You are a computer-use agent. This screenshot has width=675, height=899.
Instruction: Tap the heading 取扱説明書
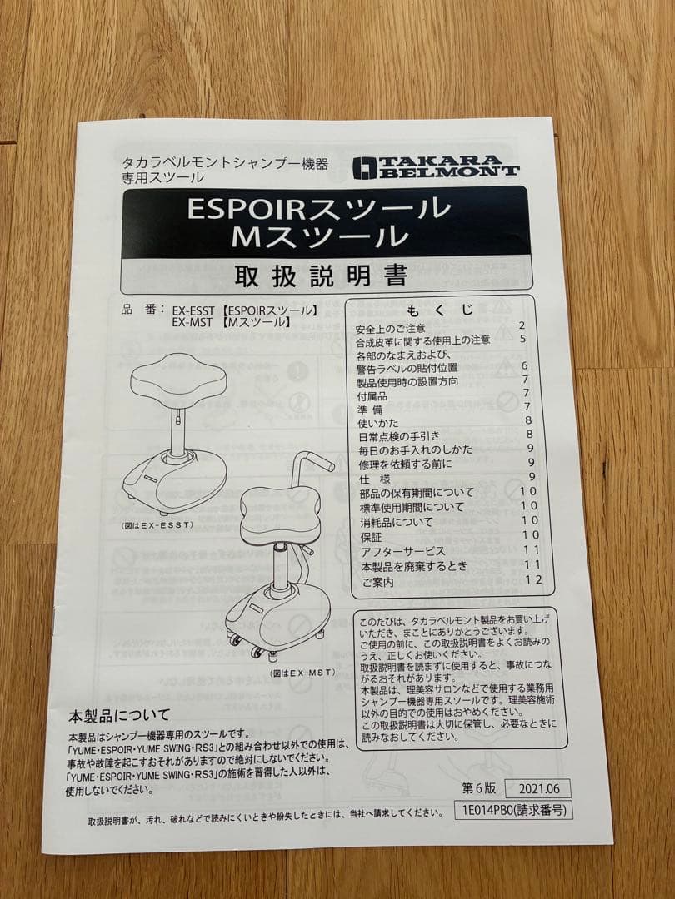click(x=321, y=274)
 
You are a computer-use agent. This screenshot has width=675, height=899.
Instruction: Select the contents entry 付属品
click(x=371, y=397)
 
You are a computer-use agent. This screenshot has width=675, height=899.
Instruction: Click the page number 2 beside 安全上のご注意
click(x=522, y=327)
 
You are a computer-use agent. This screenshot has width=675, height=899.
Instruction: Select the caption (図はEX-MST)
click(x=302, y=672)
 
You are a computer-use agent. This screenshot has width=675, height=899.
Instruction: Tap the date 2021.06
click(x=537, y=788)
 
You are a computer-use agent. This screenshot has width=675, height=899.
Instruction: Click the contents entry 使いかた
click(x=372, y=422)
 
